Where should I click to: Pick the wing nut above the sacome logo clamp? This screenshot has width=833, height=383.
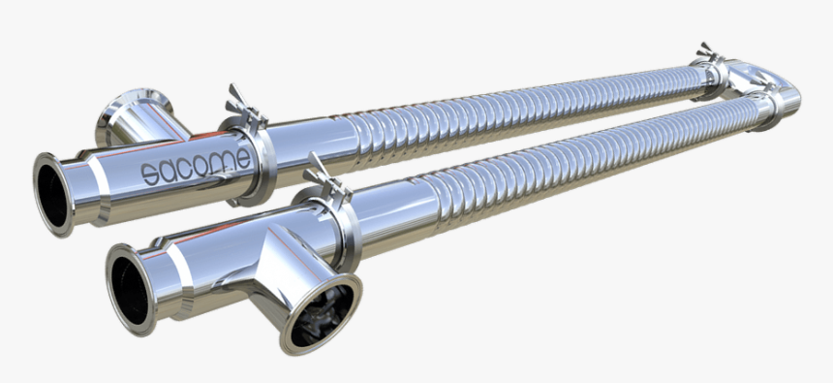[x=239, y=100]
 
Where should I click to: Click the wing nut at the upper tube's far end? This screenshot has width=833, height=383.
[x=708, y=52]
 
